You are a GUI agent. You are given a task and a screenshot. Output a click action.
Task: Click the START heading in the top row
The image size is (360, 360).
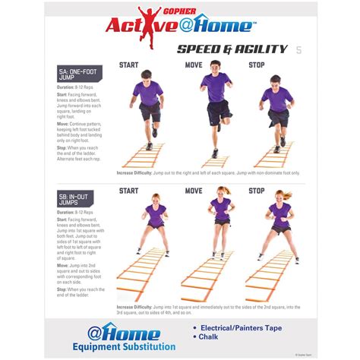pos(128,65)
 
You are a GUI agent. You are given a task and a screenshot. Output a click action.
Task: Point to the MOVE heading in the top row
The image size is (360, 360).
pos(194,65)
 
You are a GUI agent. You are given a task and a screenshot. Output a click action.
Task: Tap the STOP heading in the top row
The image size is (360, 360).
pos(257,65)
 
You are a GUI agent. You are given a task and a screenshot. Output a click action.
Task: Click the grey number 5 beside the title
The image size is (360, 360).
pos(298,50)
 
